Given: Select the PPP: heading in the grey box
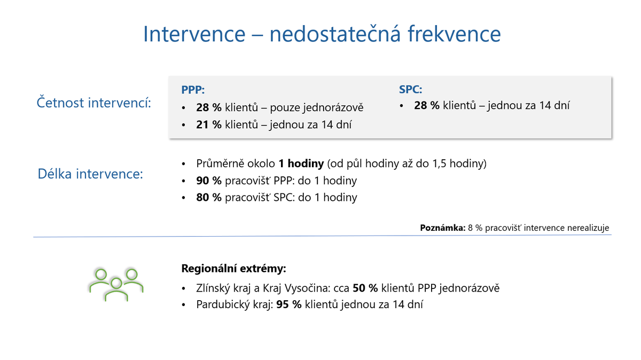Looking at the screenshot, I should coord(193,90).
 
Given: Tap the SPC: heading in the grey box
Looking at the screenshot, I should coord(411,89).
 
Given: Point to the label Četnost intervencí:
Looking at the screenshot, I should coord(94,103).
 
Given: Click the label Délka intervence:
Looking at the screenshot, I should coord(91,174).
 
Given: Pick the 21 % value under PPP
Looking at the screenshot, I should coord(209,124).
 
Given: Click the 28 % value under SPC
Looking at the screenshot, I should coord(426,105).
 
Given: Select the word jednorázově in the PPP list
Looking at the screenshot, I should coord(332,108).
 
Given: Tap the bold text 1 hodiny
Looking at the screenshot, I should coord(301,163).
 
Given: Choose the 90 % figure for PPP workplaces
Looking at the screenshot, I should coord(209,181).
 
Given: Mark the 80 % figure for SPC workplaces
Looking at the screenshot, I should coord(209,198).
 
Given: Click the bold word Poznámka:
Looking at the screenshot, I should coord(443,228).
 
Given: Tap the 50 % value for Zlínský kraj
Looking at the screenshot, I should coord(365,288).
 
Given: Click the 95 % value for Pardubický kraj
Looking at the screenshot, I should coord(289,305).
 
